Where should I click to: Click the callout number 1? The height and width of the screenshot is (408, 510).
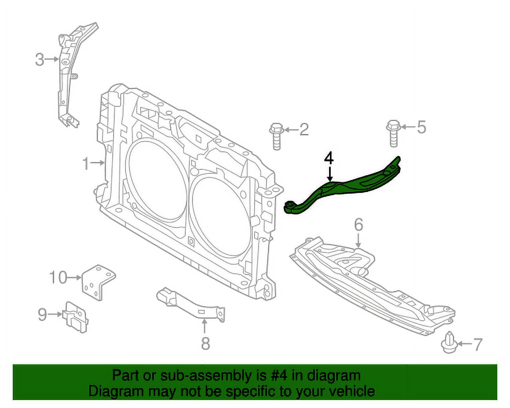[86, 163]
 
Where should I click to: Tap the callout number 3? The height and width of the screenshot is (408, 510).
[39, 60]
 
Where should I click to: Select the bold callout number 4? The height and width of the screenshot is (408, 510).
[329, 158]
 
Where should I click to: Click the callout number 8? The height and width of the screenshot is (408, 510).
[205, 343]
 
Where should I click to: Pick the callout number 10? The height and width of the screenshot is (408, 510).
[58, 277]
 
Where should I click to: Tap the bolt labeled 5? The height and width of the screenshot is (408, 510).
[392, 133]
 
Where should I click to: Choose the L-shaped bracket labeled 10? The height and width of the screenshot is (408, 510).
[98, 281]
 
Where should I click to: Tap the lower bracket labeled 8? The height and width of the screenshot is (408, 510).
[191, 305]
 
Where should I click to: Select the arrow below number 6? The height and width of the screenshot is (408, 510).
[359, 240]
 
